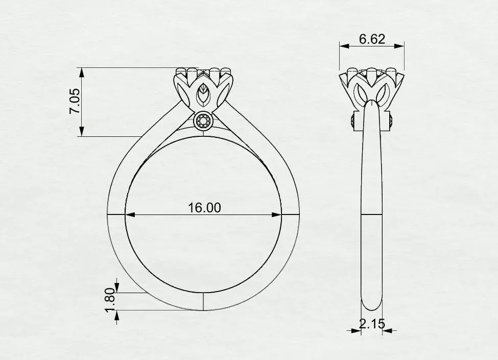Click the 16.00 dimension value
(204, 207)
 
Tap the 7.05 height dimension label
(75, 102)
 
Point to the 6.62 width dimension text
(372, 39)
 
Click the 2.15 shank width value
(372, 323)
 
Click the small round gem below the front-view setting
(203, 122)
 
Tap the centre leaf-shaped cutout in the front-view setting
(203, 94)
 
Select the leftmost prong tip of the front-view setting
(180, 71)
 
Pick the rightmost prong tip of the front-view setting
(226, 71)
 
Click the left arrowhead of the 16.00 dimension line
(129, 215)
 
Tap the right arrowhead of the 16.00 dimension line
(278, 215)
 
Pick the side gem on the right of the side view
(391, 122)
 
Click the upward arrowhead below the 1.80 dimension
(117, 315)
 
